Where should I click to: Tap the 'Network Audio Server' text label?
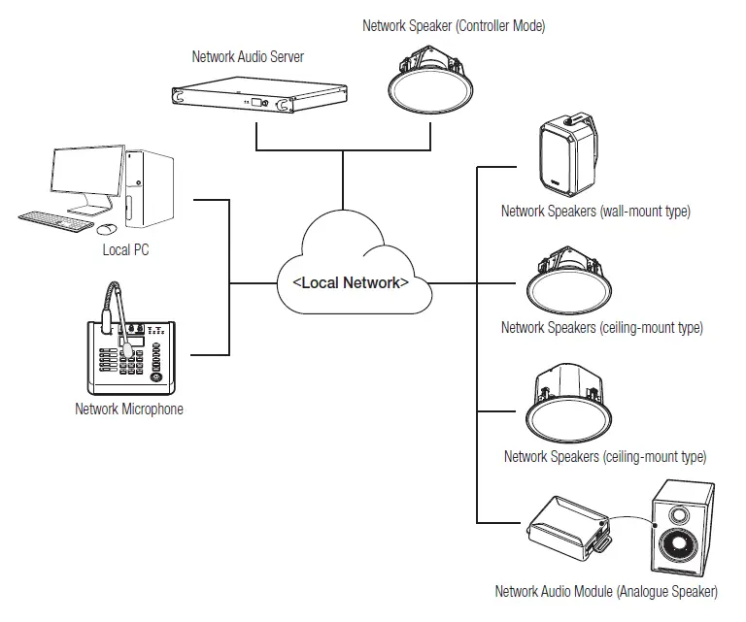tap(248, 57)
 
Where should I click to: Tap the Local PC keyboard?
tap(56, 221)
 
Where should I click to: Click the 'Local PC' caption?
tap(125, 250)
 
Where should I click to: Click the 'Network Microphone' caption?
tap(128, 409)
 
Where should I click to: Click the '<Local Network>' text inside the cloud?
tap(350, 283)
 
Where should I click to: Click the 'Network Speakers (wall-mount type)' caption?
tap(595, 211)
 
